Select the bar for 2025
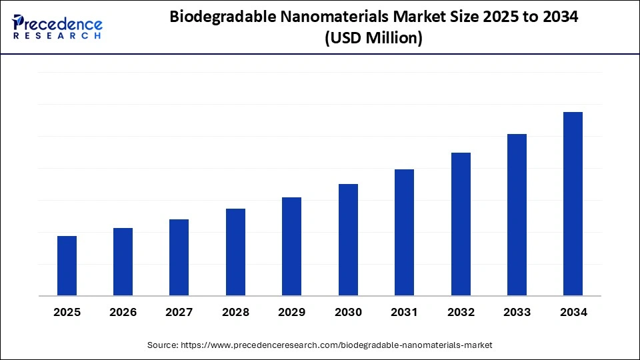[x=67, y=265]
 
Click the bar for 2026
[x=123, y=261]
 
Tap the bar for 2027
[x=179, y=257]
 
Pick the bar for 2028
[x=235, y=252]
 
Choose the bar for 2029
[x=291, y=246]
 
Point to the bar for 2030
[x=348, y=239]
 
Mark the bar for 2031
[x=404, y=232]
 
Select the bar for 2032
[x=461, y=224]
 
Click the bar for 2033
[x=517, y=215]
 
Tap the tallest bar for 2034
[x=573, y=203]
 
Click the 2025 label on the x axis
[x=67, y=312]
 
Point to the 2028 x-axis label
[x=235, y=312]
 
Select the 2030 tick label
[x=348, y=312]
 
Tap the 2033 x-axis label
[x=517, y=312]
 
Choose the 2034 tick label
[x=573, y=312]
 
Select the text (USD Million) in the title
[x=373, y=39]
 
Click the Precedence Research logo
[x=57, y=27]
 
